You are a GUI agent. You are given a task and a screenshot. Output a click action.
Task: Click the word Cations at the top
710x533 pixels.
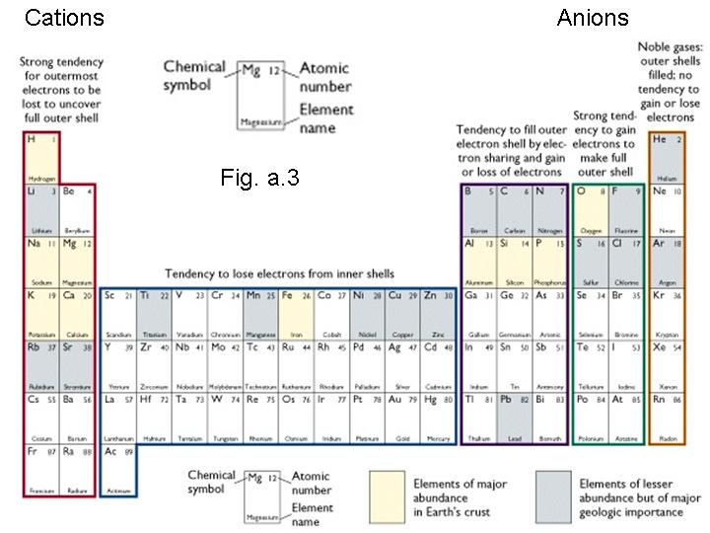click(x=64, y=18)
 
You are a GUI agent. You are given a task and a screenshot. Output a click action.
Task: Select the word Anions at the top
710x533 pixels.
click(x=593, y=18)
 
